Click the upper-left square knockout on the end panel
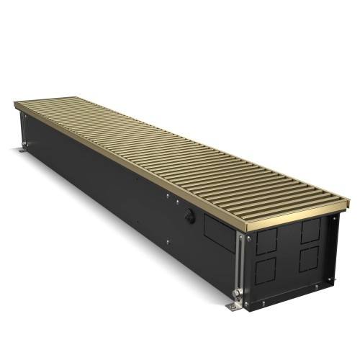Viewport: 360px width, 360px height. (x=266, y=240)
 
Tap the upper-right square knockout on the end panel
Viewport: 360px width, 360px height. (x=311, y=230)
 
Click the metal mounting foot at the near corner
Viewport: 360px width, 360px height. (x=233, y=305)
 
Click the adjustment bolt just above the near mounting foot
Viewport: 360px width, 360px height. (x=236, y=293)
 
